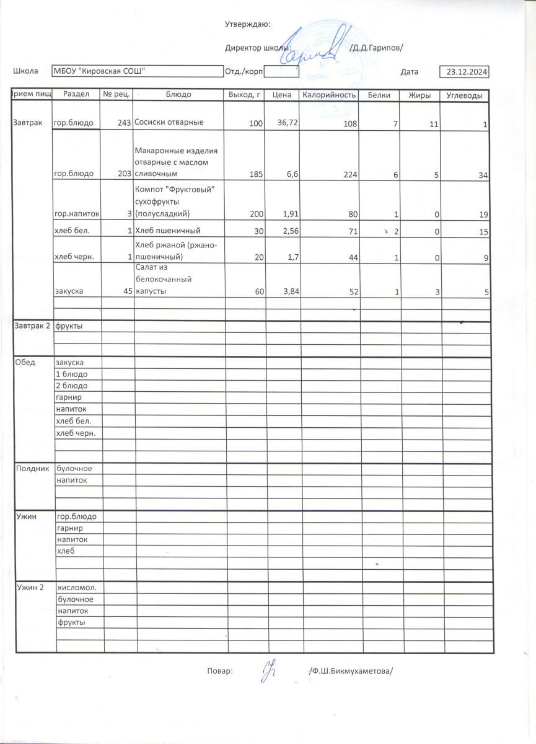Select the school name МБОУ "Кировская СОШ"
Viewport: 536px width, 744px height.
pyautogui.click(x=100, y=72)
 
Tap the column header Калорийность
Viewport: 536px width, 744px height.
pyautogui.click(x=329, y=95)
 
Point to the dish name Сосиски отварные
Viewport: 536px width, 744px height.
pyautogui.click(x=169, y=123)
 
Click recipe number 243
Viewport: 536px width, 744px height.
pyautogui.click(x=125, y=123)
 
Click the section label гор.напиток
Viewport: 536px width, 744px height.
pyautogui.click(x=77, y=214)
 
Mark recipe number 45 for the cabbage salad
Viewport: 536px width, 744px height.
pyautogui.click(x=128, y=291)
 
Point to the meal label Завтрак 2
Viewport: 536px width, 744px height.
pyautogui.click(x=31, y=326)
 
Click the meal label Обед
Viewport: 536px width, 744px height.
pyautogui.click(x=24, y=362)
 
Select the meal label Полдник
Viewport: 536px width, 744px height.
pyautogui.click(x=31, y=468)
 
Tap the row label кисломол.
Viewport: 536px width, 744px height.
pyautogui.click(x=76, y=587)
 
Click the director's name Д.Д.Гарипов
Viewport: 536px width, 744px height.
pyautogui.click(x=377, y=48)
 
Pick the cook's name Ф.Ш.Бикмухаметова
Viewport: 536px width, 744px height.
pyautogui.click(x=351, y=671)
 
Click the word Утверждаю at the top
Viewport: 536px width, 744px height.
pyautogui.click(x=247, y=24)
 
